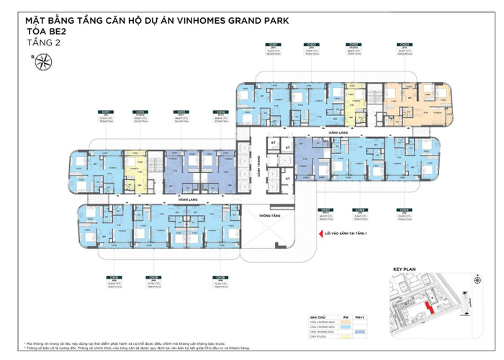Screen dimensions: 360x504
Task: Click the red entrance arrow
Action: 311,233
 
